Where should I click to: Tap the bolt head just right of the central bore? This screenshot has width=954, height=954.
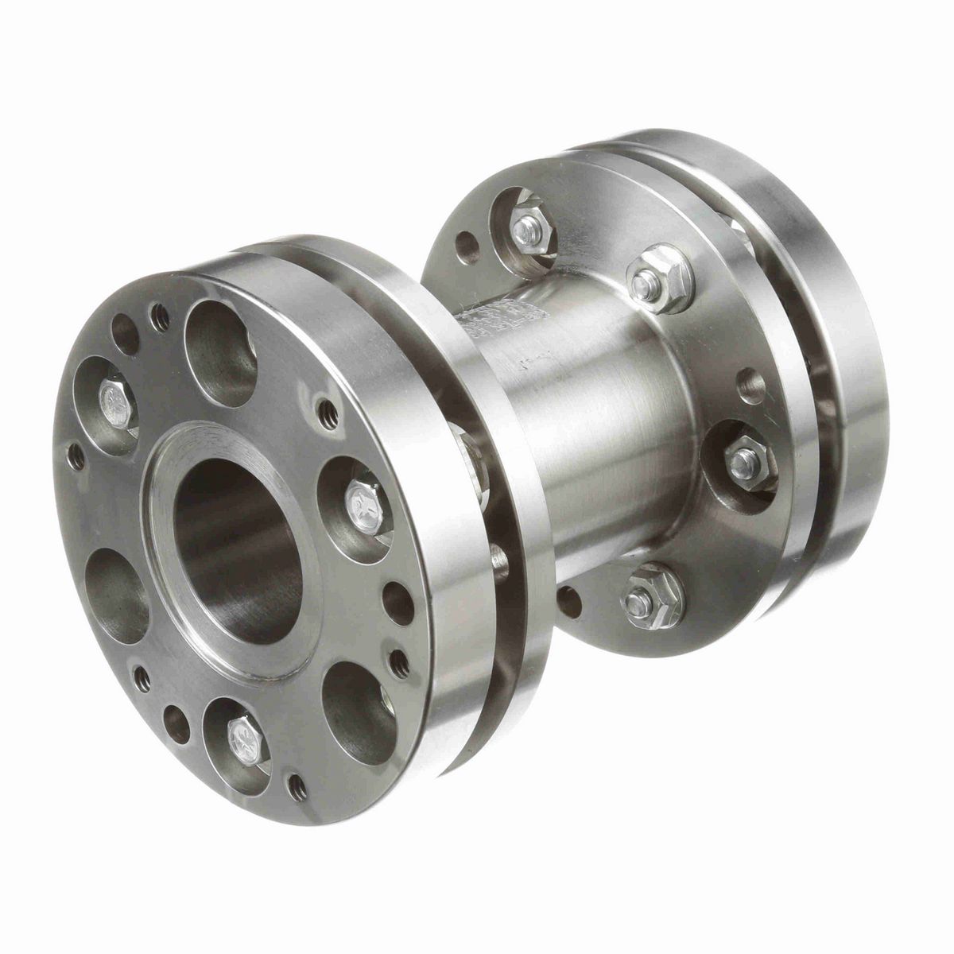point(359,500)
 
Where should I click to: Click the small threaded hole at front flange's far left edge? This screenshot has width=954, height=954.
point(76,455)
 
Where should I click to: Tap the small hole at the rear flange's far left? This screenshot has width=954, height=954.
point(463,242)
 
